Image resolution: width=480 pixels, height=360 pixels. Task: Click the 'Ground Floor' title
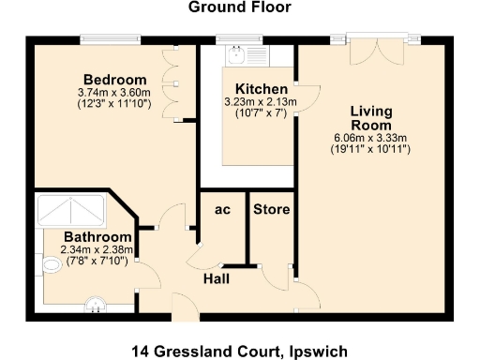tap(240, 7)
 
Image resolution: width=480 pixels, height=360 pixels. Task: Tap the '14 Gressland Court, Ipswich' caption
tap(240, 352)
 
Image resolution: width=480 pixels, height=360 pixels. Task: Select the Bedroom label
tap(114, 79)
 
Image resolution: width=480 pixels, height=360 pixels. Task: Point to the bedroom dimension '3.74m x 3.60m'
tap(114, 92)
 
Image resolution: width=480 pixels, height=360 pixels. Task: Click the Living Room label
tap(372, 118)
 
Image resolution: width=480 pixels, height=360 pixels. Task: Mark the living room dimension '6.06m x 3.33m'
tap(372, 138)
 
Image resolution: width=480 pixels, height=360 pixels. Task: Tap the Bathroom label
tap(97, 237)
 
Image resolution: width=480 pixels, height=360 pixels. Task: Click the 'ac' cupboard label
tap(223, 210)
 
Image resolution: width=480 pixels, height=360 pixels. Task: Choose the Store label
tap(272, 209)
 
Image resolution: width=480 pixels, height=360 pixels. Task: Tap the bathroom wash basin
tap(96, 302)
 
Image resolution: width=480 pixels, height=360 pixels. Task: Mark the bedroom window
tap(112, 39)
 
